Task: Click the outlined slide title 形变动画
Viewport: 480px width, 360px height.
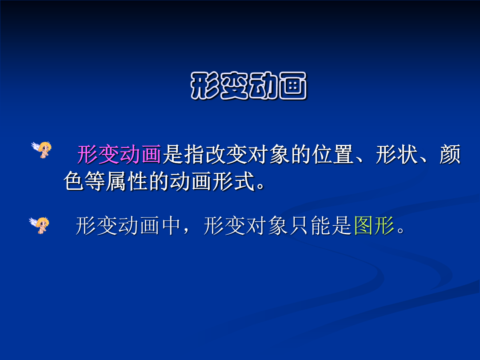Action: coord(248,86)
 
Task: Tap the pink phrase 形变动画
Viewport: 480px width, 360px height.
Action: coord(119,154)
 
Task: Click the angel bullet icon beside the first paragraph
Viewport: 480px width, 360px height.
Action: coord(42,149)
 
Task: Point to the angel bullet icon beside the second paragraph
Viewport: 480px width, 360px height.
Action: coord(39,225)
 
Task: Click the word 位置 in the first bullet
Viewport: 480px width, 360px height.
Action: coord(333,154)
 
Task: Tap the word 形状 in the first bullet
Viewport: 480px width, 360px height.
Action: coord(397,154)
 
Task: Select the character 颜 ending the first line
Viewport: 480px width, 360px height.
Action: coord(450,154)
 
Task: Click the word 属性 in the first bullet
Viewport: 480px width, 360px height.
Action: coord(127,181)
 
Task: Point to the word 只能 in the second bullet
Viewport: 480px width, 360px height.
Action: coord(310,226)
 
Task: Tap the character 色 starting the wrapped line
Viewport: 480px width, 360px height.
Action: coord(74,181)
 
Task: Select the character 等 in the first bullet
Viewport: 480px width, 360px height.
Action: coord(95,181)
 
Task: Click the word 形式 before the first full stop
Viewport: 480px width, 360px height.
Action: coord(234,181)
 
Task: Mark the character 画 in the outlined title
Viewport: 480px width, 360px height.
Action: coord(292,86)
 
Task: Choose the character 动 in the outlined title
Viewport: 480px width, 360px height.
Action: coord(264,86)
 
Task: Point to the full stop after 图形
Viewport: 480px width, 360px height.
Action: coord(400,231)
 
